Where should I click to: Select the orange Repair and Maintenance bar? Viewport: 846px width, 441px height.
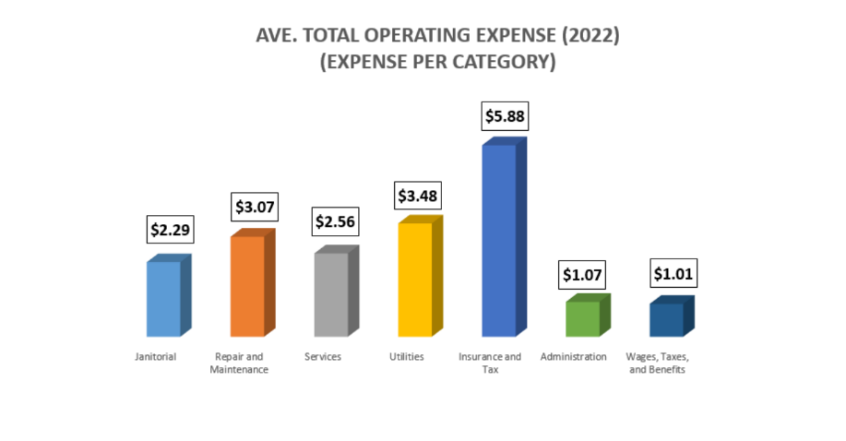coord(247,286)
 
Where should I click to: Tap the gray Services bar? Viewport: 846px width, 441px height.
coord(331,293)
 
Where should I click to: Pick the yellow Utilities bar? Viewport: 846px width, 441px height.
coord(414,279)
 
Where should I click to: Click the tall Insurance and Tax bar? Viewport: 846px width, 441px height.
coord(498,240)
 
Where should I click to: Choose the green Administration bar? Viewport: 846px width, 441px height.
coord(582,318)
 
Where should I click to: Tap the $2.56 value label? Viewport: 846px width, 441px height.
coord(335,222)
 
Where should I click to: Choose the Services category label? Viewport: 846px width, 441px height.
coord(323,356)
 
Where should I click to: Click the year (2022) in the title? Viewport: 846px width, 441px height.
coord(588,38)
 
